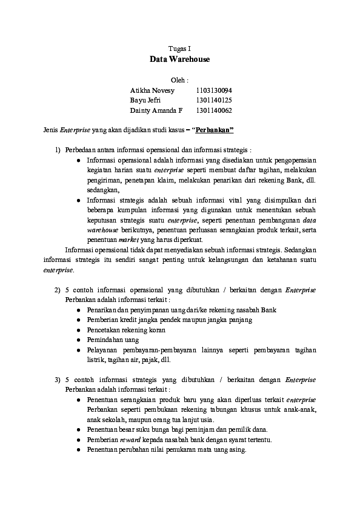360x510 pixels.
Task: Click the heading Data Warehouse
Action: pos(179,59)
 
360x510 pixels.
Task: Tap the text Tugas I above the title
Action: pos(179,48)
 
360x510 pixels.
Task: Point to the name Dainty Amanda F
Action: pos(156,110)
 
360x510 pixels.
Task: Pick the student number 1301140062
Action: pos(214,110)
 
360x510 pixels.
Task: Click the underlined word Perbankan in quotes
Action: pos(213,130)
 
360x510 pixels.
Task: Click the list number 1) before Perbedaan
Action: pos(58,150)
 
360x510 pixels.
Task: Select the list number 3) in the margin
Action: pos(58,380)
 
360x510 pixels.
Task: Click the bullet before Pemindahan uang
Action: pos(80,340)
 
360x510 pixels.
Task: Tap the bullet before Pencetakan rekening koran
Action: pos(80,330)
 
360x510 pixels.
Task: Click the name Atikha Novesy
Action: pos(152,90)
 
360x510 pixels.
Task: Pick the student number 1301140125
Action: pos(214,100)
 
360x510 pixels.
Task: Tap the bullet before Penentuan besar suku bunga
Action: pos(80,429)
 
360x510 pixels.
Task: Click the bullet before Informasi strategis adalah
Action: pos(80,200)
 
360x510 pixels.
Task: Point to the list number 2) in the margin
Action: pos(58,290)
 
